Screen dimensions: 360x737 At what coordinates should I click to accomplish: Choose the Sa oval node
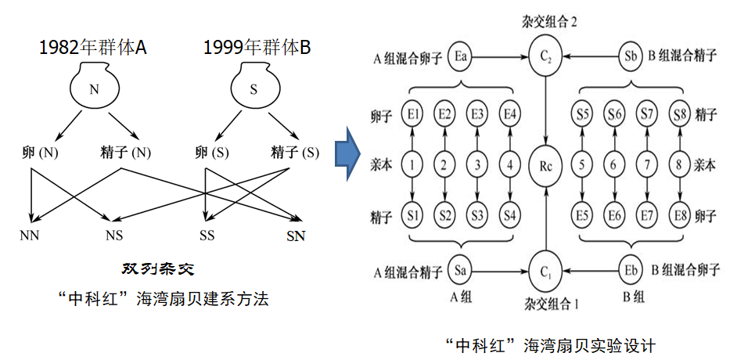point(462,271)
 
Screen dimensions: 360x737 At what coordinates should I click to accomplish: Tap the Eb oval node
point(630,271)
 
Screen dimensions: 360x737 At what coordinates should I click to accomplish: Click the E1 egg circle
point(414,115)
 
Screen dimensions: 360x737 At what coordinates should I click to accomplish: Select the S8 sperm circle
point(678,115)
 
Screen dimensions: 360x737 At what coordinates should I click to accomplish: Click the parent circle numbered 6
point(614,165)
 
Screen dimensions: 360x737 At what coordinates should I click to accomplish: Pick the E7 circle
point(646,215)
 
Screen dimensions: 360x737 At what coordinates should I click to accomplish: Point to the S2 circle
point(446,215)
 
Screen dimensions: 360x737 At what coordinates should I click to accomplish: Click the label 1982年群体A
point(93,48)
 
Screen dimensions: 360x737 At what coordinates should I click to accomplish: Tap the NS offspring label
point(115,236)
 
